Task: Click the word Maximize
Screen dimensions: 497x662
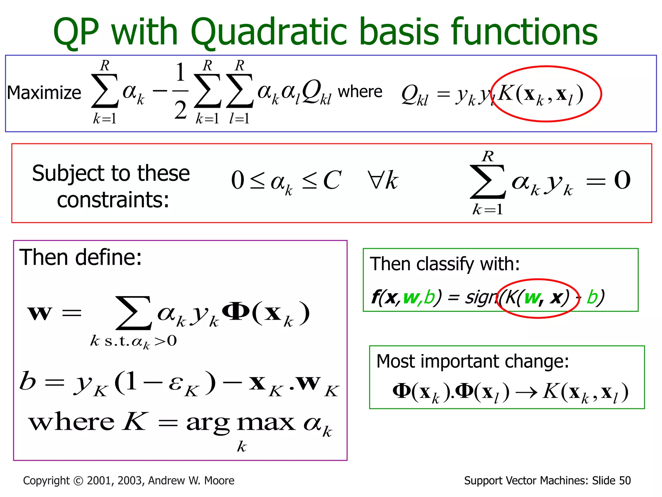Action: point(44,93)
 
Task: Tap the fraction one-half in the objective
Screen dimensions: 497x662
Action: point(180,91)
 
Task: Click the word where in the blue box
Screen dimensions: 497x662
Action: point(360,92)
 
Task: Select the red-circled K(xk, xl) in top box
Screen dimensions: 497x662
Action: point(540,94)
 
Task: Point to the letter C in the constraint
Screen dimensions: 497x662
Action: point(332,180)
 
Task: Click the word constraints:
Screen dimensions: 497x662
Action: point(113,200)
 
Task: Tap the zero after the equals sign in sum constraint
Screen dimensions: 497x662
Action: point(622,180)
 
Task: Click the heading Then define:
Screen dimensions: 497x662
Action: point(80,257)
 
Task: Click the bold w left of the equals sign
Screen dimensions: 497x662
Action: point(40,313)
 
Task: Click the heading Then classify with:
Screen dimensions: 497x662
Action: point(444,264)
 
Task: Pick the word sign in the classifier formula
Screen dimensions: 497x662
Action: point(481,297)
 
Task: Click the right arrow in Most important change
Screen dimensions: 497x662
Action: point(526,392)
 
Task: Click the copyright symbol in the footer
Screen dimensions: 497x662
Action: point(78,481)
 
